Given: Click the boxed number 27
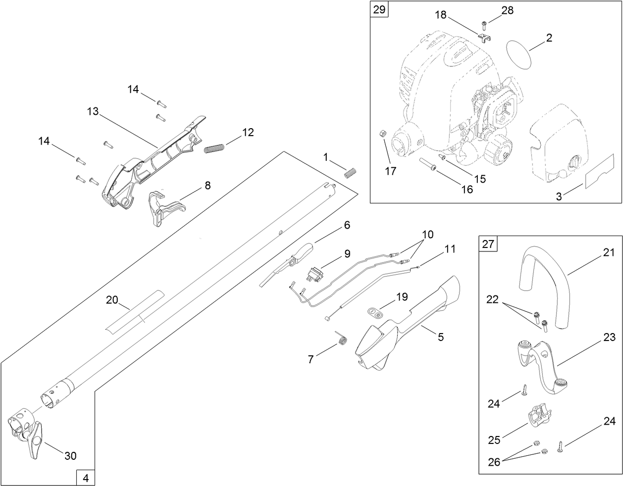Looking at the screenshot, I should click(488, 243).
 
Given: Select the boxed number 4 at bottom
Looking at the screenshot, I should click(85, 478).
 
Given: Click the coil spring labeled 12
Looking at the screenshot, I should click(214, 147).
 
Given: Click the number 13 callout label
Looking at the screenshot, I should click(93, 111).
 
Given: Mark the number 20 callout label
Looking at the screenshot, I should click(112, 299).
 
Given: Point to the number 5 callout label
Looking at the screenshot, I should click(440, 337).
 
